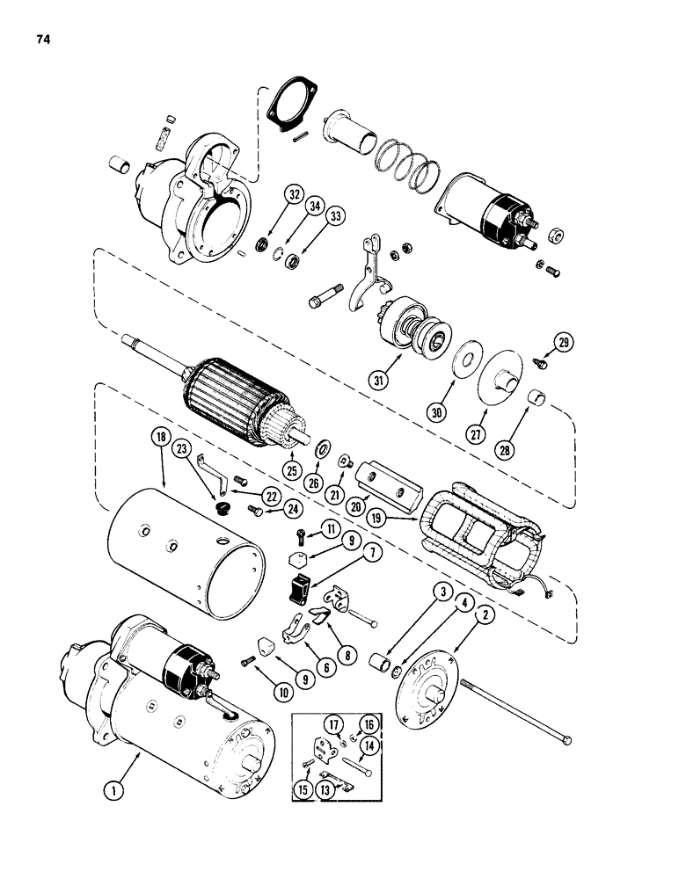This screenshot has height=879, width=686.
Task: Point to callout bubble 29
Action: (x=563, y=343)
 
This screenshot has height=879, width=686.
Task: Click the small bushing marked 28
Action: (x=538, y=405)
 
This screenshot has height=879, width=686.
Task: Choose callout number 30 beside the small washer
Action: (x=436, y=411)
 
